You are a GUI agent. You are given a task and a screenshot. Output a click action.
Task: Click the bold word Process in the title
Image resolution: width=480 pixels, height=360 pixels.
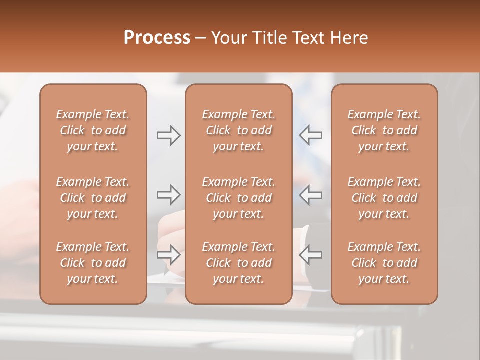tap(157, 38)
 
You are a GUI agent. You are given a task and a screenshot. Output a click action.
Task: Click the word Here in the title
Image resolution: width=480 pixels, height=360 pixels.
tap(350, 38)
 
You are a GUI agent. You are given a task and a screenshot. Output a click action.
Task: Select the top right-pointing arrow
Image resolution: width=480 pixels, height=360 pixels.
tap(169, 135)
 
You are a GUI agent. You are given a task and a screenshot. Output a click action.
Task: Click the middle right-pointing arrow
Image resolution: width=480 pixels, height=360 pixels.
tap(169, 195)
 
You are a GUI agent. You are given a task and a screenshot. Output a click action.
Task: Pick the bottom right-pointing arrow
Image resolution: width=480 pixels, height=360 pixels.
tap(169, 255)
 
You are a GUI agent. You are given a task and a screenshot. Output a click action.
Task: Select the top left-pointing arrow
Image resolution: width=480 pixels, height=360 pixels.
tap(310, 135)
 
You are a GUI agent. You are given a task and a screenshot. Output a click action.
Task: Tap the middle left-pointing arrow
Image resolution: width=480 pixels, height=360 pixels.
tap(310, 195)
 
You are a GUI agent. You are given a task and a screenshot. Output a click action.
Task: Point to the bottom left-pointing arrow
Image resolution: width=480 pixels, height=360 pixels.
tap(310, 255)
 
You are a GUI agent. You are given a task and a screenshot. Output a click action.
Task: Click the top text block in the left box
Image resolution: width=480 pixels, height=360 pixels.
tap(93, 130)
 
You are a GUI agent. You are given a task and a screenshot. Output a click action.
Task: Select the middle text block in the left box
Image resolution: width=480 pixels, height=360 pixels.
tap(93, 198)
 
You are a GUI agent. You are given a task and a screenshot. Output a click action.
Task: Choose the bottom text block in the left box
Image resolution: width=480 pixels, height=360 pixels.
tap(93, 263)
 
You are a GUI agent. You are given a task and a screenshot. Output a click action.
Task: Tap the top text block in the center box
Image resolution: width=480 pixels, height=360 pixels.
tap(238, 130)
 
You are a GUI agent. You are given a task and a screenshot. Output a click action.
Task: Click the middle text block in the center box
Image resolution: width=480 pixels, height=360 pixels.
tap(238, 198)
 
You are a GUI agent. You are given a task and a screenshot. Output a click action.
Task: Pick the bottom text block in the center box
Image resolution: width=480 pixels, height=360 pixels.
tap(238, 263)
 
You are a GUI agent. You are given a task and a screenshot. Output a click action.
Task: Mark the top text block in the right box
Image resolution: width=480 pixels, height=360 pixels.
tap(384, 130)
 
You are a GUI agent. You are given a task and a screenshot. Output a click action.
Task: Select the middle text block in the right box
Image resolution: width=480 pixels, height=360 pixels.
tap(384, 198)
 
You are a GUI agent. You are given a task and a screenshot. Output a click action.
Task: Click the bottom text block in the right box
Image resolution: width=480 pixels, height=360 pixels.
tap(384, 263)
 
